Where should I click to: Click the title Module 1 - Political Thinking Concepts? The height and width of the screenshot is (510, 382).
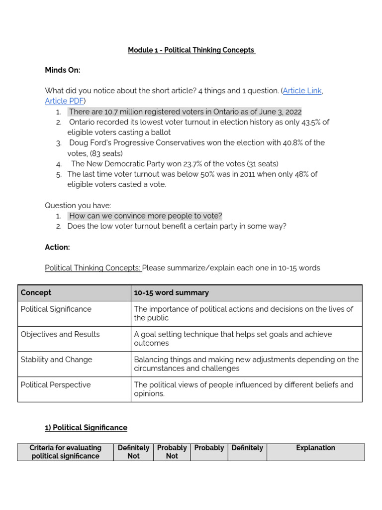click(x=191, y=50)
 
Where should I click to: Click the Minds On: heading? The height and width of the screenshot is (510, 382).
click(x=62, y=70)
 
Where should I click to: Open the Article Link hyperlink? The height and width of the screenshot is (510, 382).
click(x=302, y=91)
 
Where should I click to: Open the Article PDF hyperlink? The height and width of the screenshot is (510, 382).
click(x=64, y=101)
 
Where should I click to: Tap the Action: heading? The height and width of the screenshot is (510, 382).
click(x=57, y=248)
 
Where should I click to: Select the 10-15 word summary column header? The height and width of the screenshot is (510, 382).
click(x=171, y=293)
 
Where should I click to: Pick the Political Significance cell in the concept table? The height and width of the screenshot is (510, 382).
click(x=56, y=309)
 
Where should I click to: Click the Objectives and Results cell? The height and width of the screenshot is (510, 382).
click(x=60, y=335)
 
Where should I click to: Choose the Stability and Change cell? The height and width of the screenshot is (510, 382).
click(x=56, y=360)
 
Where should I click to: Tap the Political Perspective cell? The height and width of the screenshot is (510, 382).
click(x=56, y=385)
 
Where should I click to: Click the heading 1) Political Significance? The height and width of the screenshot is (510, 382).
click(x=86, y=428)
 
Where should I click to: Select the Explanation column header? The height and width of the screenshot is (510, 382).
click(x=315, y=448)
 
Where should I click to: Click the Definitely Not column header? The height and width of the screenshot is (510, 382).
click(x=133, y=452)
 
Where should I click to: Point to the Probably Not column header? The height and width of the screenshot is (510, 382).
click(x=172, y=452)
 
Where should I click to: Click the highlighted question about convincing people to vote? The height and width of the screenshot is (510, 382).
click(x=145, y=216)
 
